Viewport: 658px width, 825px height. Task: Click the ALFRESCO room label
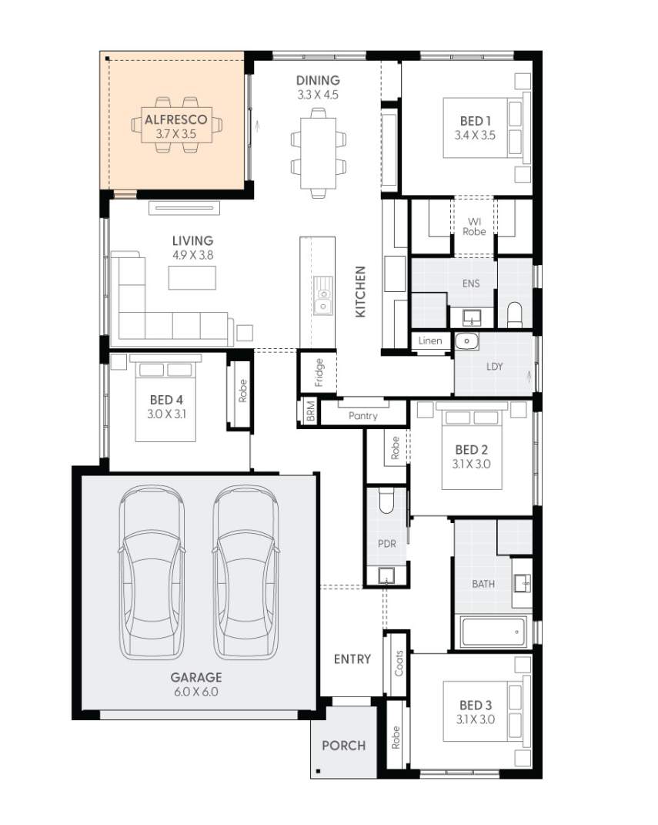tap(175, 120)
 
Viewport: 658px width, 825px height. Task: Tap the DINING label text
tap(318, 80)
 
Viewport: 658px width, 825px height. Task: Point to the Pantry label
tap(362, 415)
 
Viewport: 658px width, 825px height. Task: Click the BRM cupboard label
tap(309, 412)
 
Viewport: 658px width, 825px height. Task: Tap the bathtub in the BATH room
tap(493, 632)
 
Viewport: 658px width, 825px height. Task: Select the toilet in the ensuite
tap(515, 314)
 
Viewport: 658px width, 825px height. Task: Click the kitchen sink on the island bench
tap(323, 296)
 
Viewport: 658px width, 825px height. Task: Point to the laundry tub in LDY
tap(466, 341)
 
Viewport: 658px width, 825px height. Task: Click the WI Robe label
tap(474, 226)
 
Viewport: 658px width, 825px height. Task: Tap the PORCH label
tap(343, 745)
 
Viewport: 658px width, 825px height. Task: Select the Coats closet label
tap(399, 662)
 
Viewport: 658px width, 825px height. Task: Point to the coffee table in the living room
tap(192, 277)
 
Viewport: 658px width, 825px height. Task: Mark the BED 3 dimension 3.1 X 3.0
tap(475, 719)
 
